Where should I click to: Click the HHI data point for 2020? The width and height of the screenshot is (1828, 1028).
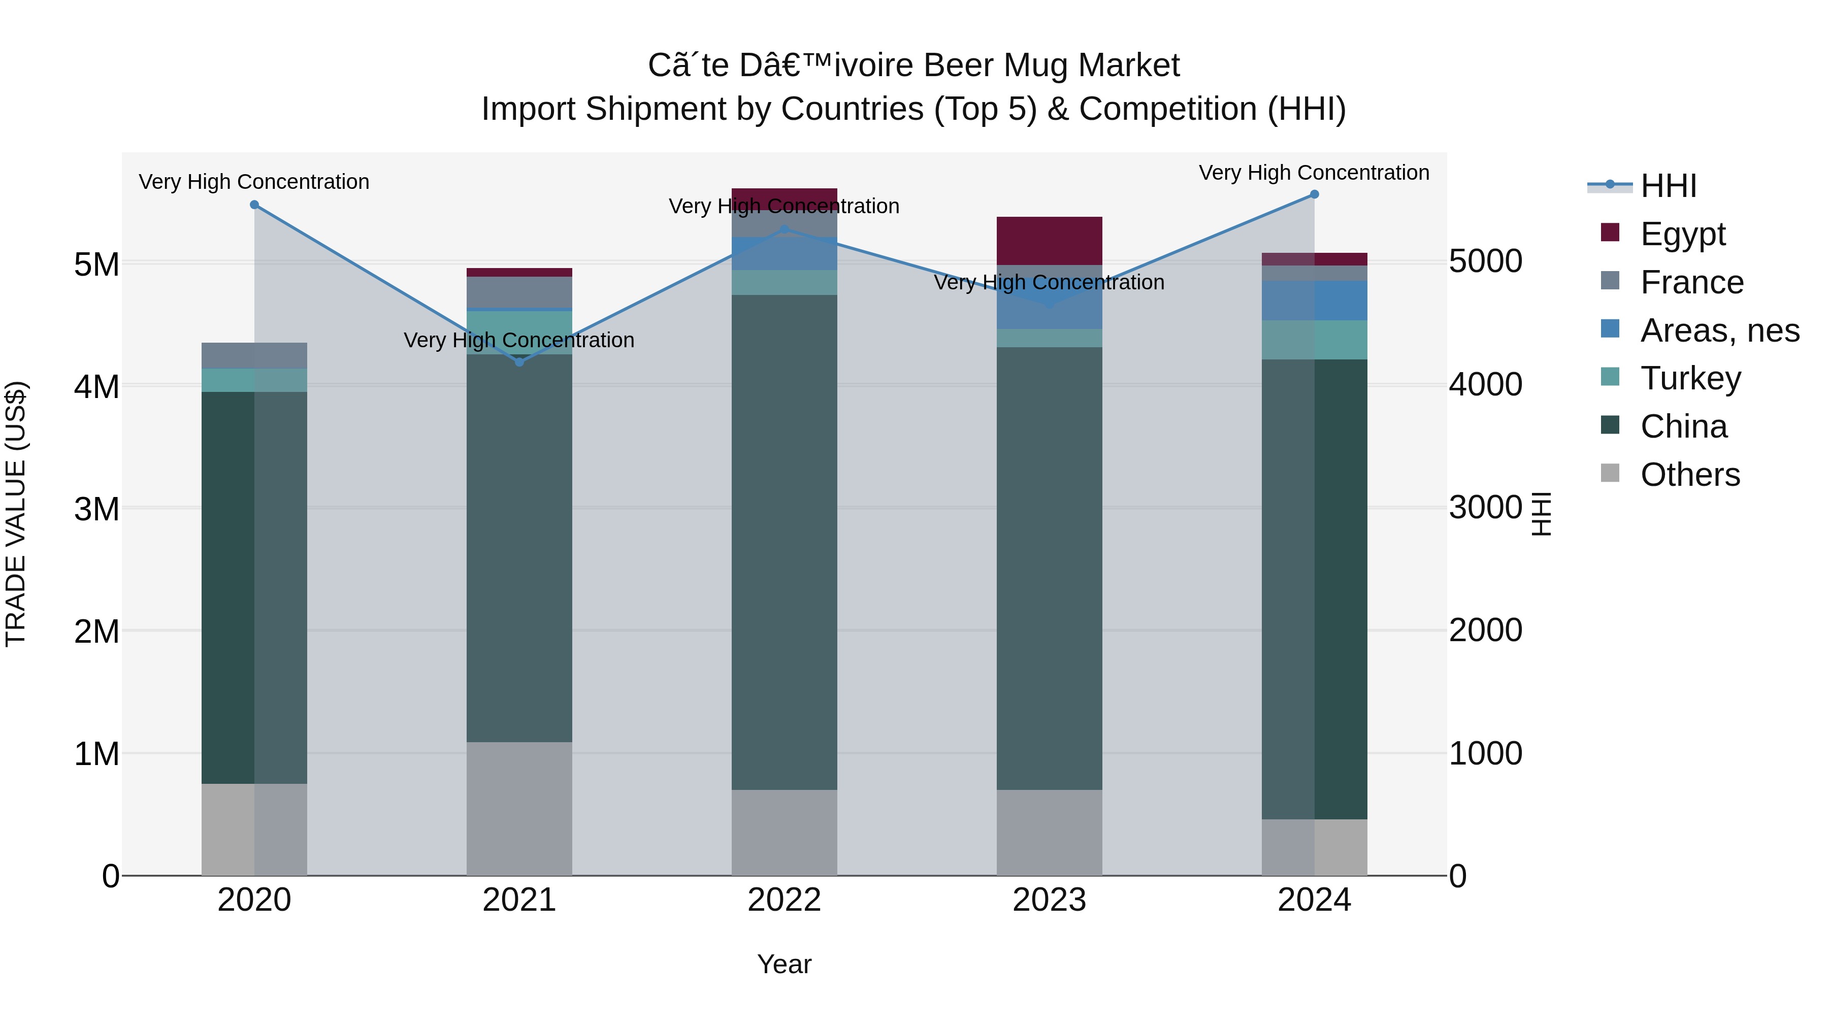[254, 205]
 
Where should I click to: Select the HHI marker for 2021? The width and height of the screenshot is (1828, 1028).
[519, 362]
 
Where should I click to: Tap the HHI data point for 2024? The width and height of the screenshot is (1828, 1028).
[1314, 194]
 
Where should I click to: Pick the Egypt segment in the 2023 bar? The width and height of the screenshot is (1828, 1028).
[1049, 241]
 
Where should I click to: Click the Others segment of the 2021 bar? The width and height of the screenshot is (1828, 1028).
[519, 808]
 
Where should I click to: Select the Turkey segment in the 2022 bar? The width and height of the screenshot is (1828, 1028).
[784, 282]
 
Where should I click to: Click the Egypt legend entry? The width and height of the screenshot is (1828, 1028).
[1682, 234]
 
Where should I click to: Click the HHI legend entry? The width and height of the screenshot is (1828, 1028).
[1668, 186]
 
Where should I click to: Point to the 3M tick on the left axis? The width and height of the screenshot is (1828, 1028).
[96, 509]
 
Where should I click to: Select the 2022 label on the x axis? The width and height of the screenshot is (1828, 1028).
[784, 900]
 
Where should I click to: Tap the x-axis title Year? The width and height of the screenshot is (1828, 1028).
[784, 964]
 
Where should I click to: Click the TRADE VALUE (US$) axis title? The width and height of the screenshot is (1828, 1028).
[16, 514]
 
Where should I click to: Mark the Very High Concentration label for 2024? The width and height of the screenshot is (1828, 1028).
[1314, 173]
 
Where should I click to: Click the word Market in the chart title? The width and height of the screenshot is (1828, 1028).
[1128, 66]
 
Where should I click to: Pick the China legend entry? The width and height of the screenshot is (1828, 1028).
[1683, 426]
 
